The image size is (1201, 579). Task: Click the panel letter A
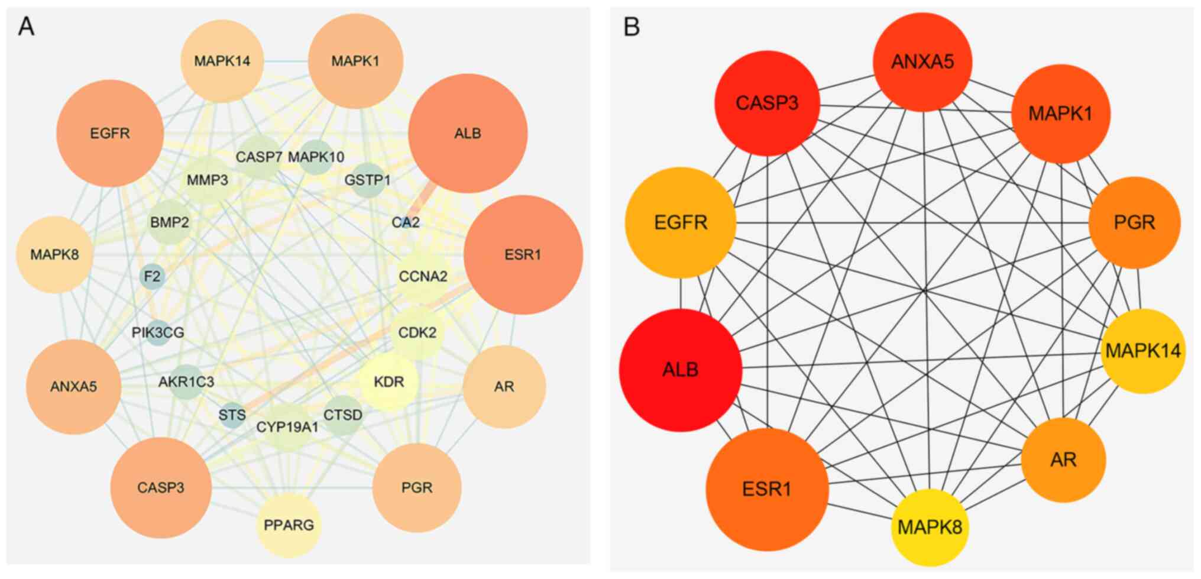pos(26,27)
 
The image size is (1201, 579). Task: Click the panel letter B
pos(632,27)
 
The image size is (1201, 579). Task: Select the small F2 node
pos(152,276)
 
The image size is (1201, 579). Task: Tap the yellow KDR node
pos(389,382)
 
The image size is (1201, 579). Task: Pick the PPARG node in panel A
pos(289,525)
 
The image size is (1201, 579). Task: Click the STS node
pos(232,415)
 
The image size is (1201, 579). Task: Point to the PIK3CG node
pos(158,333)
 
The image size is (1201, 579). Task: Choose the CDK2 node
pos(417,333)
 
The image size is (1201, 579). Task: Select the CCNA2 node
pos(423,276)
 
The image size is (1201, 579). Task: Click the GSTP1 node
pos(367,180)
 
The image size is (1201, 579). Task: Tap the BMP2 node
pos(170,222)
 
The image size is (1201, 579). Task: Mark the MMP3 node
pos(207,180)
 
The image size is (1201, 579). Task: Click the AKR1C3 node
pos(186,382)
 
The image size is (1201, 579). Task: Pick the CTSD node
pos(343,415)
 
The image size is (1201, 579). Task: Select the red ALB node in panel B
pos(681,370)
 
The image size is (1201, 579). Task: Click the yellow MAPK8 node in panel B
pos(930,527)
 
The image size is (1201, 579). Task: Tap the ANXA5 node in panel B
pos(922,62)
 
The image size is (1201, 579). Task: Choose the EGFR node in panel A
pos(110,134)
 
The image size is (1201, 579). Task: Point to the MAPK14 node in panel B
pos(1142,351)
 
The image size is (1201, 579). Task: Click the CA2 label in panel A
pos(406,222)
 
